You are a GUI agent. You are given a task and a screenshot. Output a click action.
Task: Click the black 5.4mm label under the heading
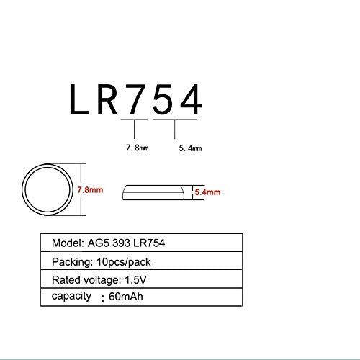click(x=190, y=147)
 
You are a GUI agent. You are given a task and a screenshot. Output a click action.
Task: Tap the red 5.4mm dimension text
click(x=207, y=192)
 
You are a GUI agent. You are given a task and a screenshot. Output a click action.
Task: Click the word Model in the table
click(x=66, y=243)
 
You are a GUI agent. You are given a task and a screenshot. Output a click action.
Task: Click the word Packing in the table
click(x=71, y=261)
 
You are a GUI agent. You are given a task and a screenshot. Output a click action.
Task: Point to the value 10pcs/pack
click(x=124, y=261)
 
